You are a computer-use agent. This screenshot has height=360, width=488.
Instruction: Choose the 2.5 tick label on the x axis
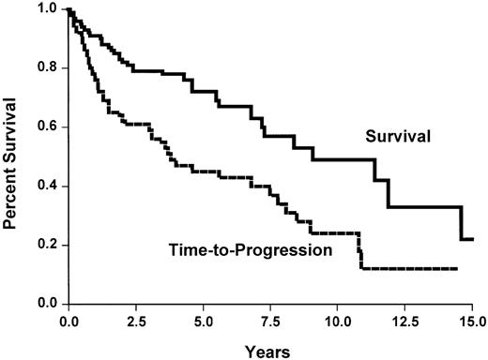(136, 321)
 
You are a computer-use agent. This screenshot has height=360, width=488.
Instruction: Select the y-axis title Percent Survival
(12, 157)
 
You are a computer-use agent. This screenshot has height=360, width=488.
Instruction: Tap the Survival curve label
(398, 137)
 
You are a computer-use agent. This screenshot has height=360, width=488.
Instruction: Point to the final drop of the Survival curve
(461, 223)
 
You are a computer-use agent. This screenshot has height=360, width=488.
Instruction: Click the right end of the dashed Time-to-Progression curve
(457, 269)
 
